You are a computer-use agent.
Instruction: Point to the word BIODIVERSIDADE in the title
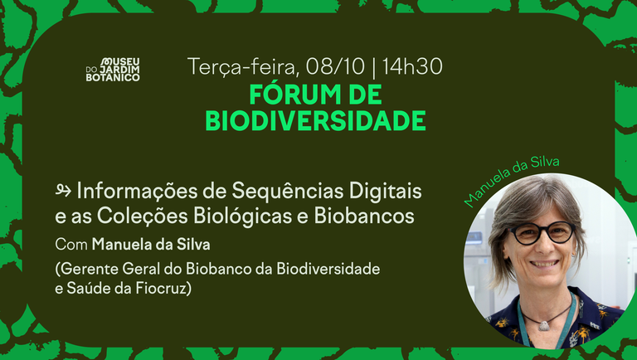pos(315,120)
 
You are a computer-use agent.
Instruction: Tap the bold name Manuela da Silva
pos(150,245)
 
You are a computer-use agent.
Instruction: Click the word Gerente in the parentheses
pos(88,270)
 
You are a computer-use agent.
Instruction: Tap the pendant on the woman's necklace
pos(544,324)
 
